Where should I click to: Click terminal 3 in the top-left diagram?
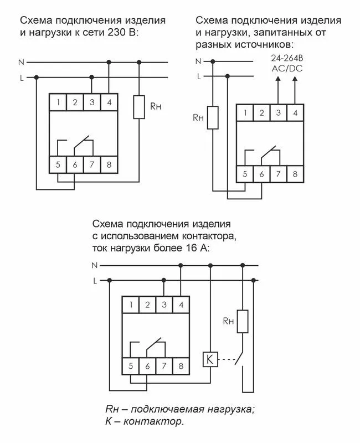91,102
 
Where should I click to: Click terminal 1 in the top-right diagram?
244,113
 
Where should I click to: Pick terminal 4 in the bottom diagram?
181,305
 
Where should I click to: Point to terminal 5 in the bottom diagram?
130,365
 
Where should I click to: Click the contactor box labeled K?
209,359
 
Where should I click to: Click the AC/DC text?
286,70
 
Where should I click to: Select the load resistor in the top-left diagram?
140,106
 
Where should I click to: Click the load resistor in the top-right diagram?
213,118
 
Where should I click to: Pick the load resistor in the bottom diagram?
242,321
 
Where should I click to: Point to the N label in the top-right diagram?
198,61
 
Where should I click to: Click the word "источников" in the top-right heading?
261,44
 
